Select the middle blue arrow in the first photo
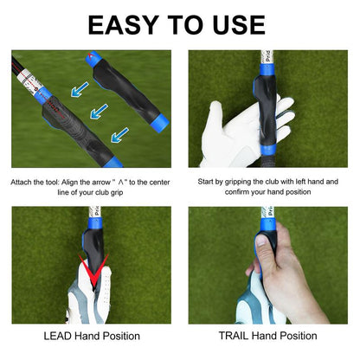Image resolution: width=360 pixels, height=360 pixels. (x=99, y=111)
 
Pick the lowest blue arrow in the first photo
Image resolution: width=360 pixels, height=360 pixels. (x=119, y=132)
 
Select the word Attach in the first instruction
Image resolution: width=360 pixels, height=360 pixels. (x=23, y=183)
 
